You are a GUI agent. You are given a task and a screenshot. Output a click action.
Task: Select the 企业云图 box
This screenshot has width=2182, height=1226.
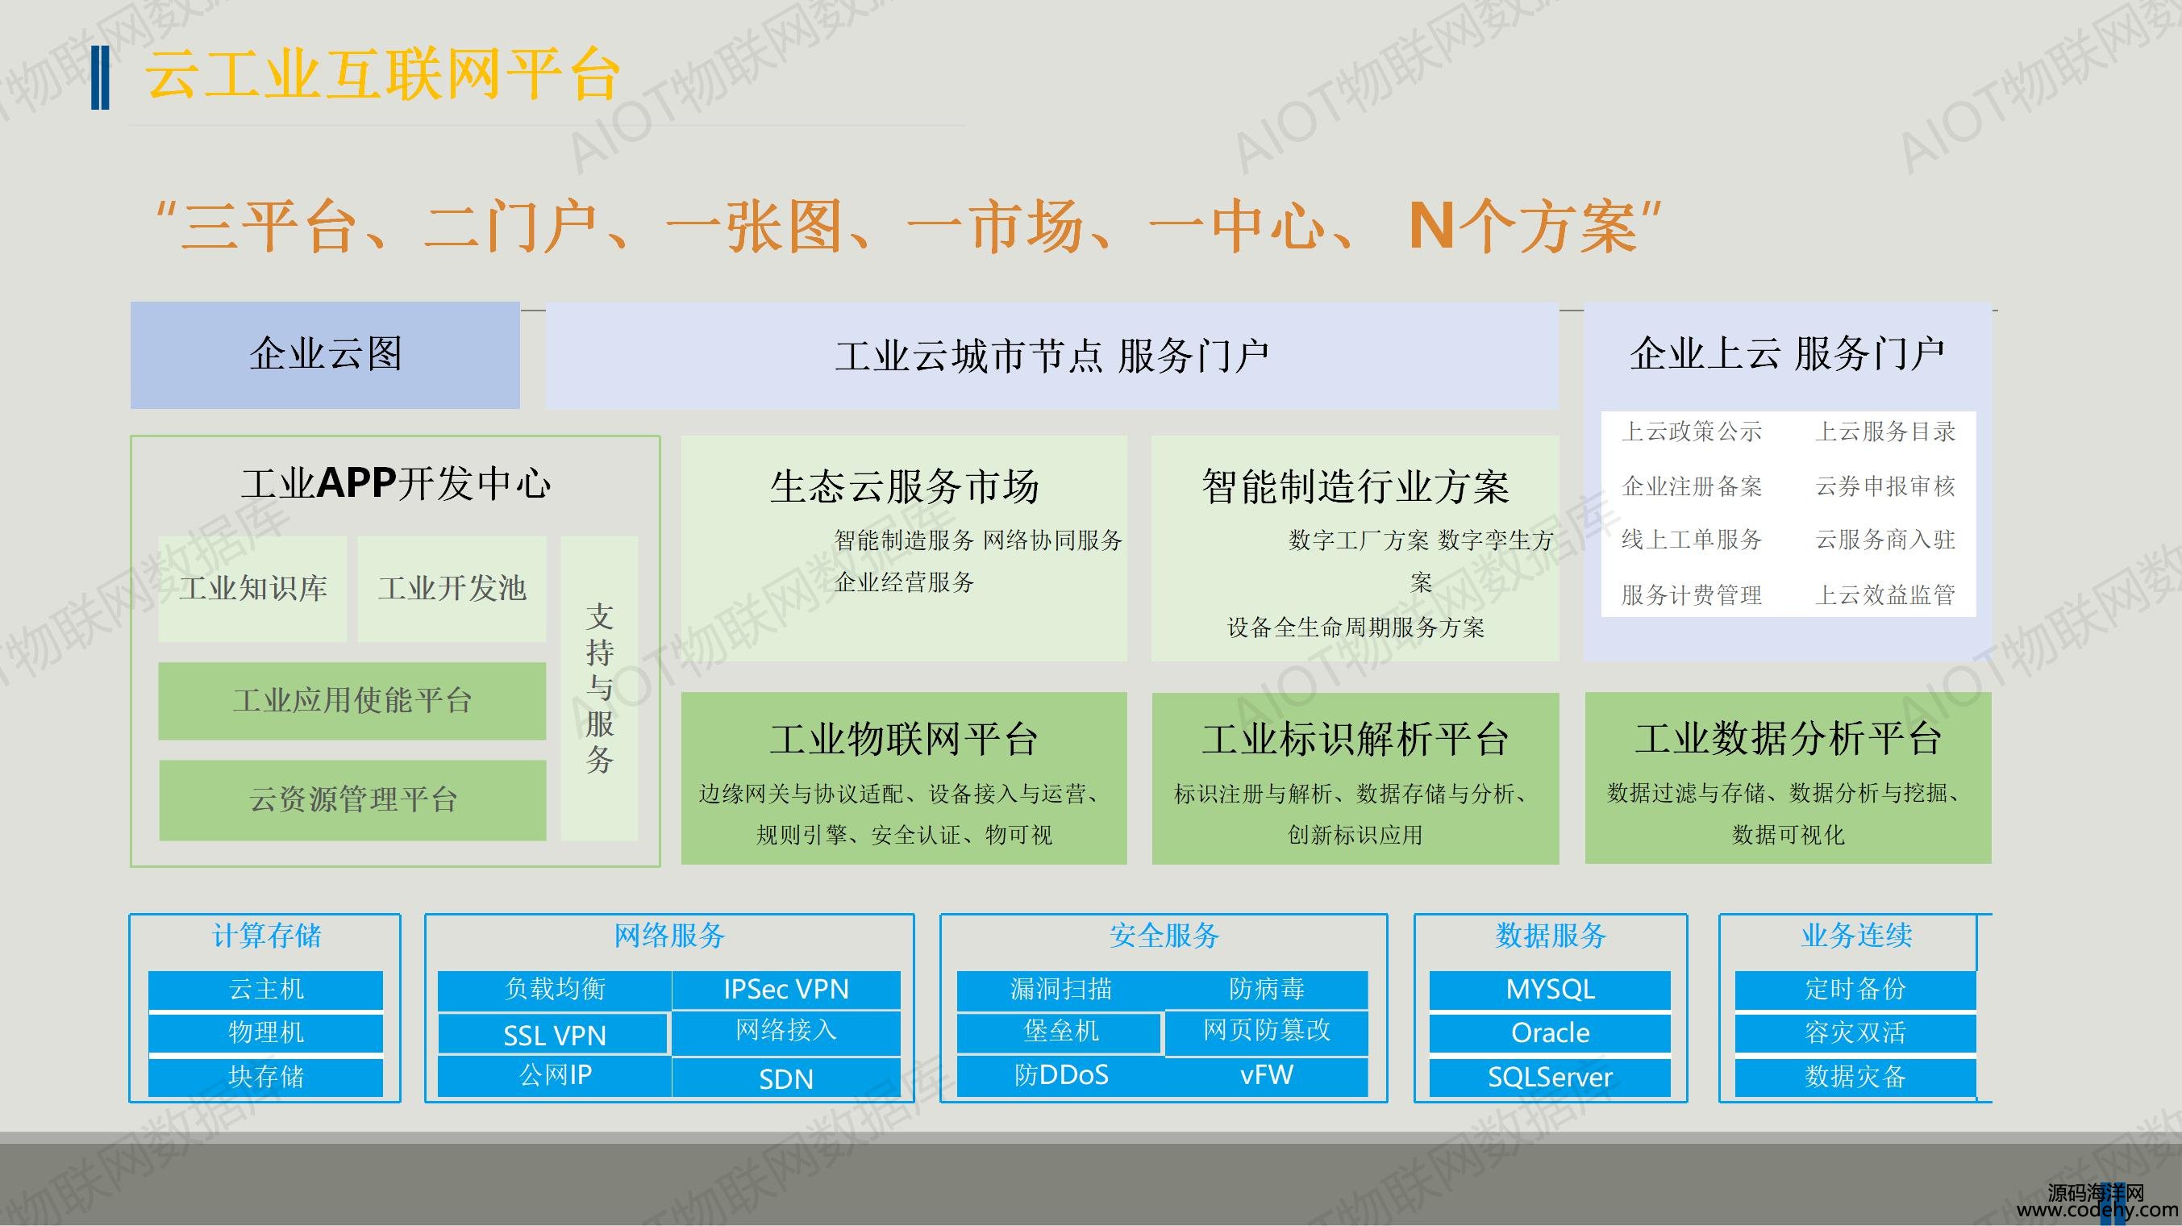pos(325,355)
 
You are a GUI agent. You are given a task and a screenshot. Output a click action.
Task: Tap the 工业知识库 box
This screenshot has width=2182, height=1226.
pos(252,588)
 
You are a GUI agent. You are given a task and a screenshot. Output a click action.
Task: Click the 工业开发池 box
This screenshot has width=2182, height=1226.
pos(452,588)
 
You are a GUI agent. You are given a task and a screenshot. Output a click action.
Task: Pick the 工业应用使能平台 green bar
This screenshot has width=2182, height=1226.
pos(352,701)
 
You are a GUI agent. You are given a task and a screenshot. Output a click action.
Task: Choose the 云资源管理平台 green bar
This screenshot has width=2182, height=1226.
pos(352,800)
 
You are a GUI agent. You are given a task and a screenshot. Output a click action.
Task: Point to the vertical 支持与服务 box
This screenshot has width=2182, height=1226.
pos(599,688)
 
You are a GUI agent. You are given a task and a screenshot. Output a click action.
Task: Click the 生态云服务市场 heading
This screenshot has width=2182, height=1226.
pos(904,487)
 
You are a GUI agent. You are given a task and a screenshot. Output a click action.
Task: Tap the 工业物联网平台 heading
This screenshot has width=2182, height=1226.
pos(904,739)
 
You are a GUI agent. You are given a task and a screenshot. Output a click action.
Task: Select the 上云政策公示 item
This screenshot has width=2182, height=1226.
pos(1692,432)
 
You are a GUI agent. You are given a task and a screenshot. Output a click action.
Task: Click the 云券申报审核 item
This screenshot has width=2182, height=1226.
pos(1884,486)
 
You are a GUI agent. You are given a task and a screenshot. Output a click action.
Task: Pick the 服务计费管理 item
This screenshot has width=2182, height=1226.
pos(1692,594)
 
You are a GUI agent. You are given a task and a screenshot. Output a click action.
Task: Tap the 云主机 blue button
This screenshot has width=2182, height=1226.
pos(266,990)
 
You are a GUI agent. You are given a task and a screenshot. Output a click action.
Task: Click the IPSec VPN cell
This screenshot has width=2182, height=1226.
pos(786,990)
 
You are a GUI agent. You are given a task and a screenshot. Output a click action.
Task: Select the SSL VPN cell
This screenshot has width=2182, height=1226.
pos(554,1036)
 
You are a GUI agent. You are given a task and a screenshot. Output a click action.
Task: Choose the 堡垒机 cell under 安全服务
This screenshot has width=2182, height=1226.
pos(1060,1031)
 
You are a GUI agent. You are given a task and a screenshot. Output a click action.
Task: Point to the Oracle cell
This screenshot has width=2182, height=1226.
pos(1550,1032)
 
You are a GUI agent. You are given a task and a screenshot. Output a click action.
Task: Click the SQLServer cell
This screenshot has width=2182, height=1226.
pos(1550,1077)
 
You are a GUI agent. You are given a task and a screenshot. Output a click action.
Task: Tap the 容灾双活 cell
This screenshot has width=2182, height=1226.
pos(1855,1032)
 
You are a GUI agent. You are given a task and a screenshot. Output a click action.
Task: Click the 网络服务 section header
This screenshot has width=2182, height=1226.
pos(669,936)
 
